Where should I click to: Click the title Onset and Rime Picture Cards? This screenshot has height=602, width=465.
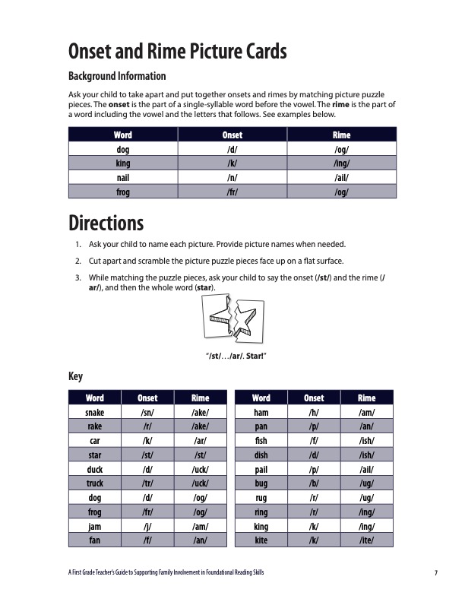tap(178, 52)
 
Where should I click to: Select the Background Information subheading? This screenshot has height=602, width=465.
tap(117, 76)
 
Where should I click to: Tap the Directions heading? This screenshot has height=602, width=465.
tap(106, 223)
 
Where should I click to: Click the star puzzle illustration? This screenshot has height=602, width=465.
tap(232, 318)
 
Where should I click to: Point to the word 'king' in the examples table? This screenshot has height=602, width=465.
tap(122, 163)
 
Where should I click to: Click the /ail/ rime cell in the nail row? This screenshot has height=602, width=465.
tap(341, 178)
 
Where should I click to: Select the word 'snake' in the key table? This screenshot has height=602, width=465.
tap(95, 411)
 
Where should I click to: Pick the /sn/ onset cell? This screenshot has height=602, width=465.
tap(147, 411)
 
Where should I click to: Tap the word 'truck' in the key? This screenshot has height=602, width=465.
tap(95, 483)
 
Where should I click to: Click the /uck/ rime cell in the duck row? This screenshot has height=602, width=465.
tap(200, 469)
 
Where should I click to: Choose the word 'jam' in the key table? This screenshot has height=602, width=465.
tap(95, 526)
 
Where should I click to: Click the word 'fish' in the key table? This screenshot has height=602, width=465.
tap(261, 440)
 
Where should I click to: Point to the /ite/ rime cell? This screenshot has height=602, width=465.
tap(366, 540)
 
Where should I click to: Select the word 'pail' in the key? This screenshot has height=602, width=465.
tap(261, 469)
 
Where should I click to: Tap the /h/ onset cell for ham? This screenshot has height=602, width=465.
tap(313, 411)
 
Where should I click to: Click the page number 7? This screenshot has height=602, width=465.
tap(436, 573)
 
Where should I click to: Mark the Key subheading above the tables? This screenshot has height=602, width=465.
tap(75, 377)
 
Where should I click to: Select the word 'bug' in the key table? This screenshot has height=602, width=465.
tap(261, 483)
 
